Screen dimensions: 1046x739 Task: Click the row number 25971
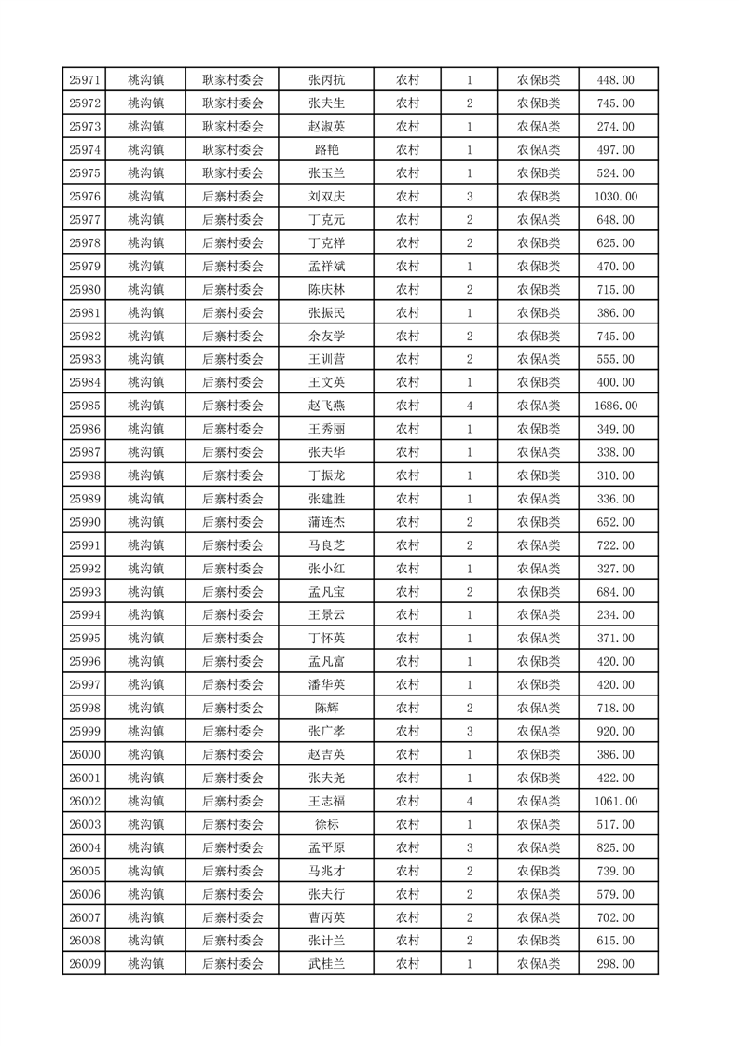pos(85,80)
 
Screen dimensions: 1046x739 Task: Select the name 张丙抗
pos(326,80)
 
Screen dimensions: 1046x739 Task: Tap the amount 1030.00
pos(615,197)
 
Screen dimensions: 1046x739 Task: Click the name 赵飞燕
pos(326,406)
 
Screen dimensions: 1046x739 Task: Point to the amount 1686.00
pos(615,406)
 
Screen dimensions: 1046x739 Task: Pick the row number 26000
pos(85,754)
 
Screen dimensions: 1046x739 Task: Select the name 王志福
pos(326,801)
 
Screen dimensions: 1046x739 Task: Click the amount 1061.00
pos(615,801)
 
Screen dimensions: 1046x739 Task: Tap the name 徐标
pos(326,824)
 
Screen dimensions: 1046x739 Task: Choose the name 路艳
pos(326,150)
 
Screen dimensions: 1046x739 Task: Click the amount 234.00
pos(615,615)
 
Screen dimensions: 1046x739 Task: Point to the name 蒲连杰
pos(326,522)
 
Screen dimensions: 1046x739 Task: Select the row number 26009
pos(85,964)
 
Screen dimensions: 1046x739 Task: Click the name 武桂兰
pos(326,964)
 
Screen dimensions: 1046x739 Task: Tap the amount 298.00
pos(615,964)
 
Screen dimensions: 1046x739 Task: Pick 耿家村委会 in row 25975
pos(233,173)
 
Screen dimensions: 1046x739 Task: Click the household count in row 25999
pos(470,731)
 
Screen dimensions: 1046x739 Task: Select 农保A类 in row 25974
pos(539,150)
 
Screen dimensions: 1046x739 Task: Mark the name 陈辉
pos(326,708)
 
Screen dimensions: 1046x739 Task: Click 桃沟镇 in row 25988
pos(145,475)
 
